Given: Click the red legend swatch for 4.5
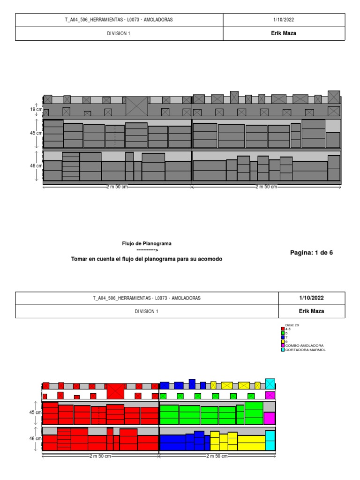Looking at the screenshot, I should tap(283, 329).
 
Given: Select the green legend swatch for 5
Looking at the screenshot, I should tap(283, 333).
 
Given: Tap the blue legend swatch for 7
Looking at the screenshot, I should tap(283, 337).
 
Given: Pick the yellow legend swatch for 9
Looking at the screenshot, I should tap(283, 342).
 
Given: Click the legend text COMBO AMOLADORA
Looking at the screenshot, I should tap(304, 345).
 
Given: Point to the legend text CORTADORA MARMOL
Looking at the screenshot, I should tap(305, 350).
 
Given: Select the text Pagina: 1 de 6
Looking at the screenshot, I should tap(311, 253).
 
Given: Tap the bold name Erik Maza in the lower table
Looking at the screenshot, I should tap(311, 311).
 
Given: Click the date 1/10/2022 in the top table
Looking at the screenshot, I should tap(283, 20).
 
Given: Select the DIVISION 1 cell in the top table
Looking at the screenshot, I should tap(119, 34).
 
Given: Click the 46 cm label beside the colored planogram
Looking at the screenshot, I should tap(36, 439).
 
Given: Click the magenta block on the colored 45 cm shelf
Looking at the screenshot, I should tap(269, 418).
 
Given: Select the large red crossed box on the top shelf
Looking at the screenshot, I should tap(115, 391).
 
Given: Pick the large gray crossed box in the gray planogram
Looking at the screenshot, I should tap(136, 106).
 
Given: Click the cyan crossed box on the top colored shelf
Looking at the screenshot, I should tap(270, 383).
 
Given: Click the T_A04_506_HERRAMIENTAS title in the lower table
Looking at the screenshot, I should tap(147, 298).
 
